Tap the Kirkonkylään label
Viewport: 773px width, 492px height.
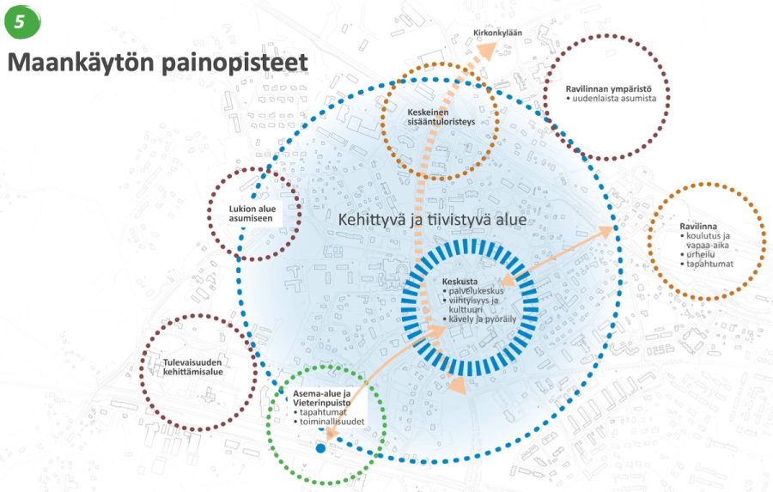498,34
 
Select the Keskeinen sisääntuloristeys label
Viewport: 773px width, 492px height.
441,117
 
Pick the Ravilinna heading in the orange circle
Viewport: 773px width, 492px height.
697,227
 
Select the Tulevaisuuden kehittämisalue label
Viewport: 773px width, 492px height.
198,367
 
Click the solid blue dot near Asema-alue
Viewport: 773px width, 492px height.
320,447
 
